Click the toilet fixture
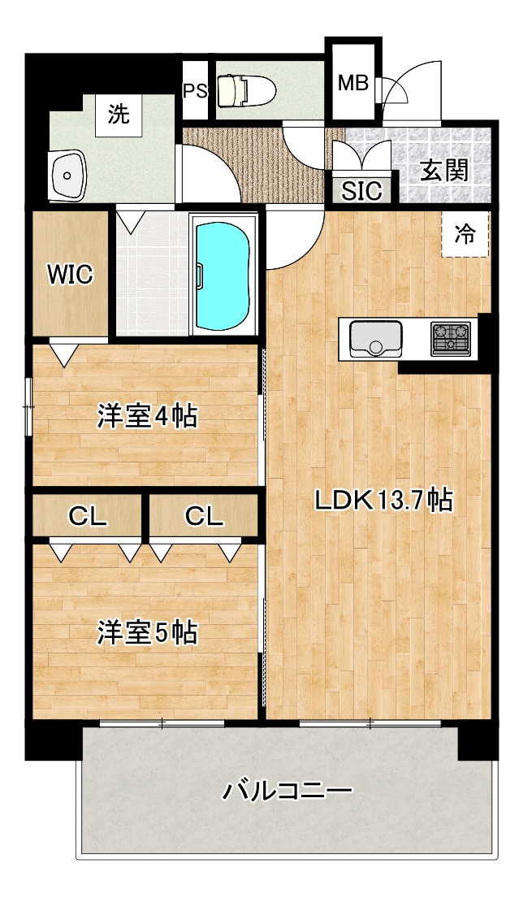coord(247,91)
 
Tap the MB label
coord(352,84)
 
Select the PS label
coord(195,92)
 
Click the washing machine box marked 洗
coord(119,115)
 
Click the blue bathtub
coord(223,276)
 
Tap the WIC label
coord(70,275)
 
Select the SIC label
coord(362,191)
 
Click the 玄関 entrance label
coord(444,170)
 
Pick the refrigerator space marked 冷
coord(465,234)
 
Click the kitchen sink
coord(375,338)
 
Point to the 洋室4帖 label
coord(147,416)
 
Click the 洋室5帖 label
coord(147,633)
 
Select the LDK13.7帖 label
coord(384,501)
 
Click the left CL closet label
coord(88,517)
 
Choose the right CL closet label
coord(205,517)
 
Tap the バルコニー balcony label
coord(287,792)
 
